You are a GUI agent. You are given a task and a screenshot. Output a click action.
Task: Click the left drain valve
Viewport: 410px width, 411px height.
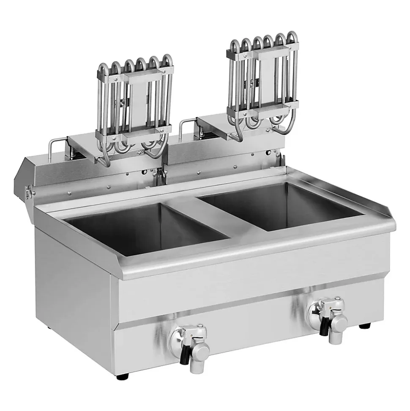pyautogui.click(x=190, y=342)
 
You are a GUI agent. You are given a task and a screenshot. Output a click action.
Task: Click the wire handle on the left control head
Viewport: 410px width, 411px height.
pyautogui.click(x=55, y=146)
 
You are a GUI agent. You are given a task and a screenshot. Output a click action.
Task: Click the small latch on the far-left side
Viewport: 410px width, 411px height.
pyautogui.click(x=28, y=191)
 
